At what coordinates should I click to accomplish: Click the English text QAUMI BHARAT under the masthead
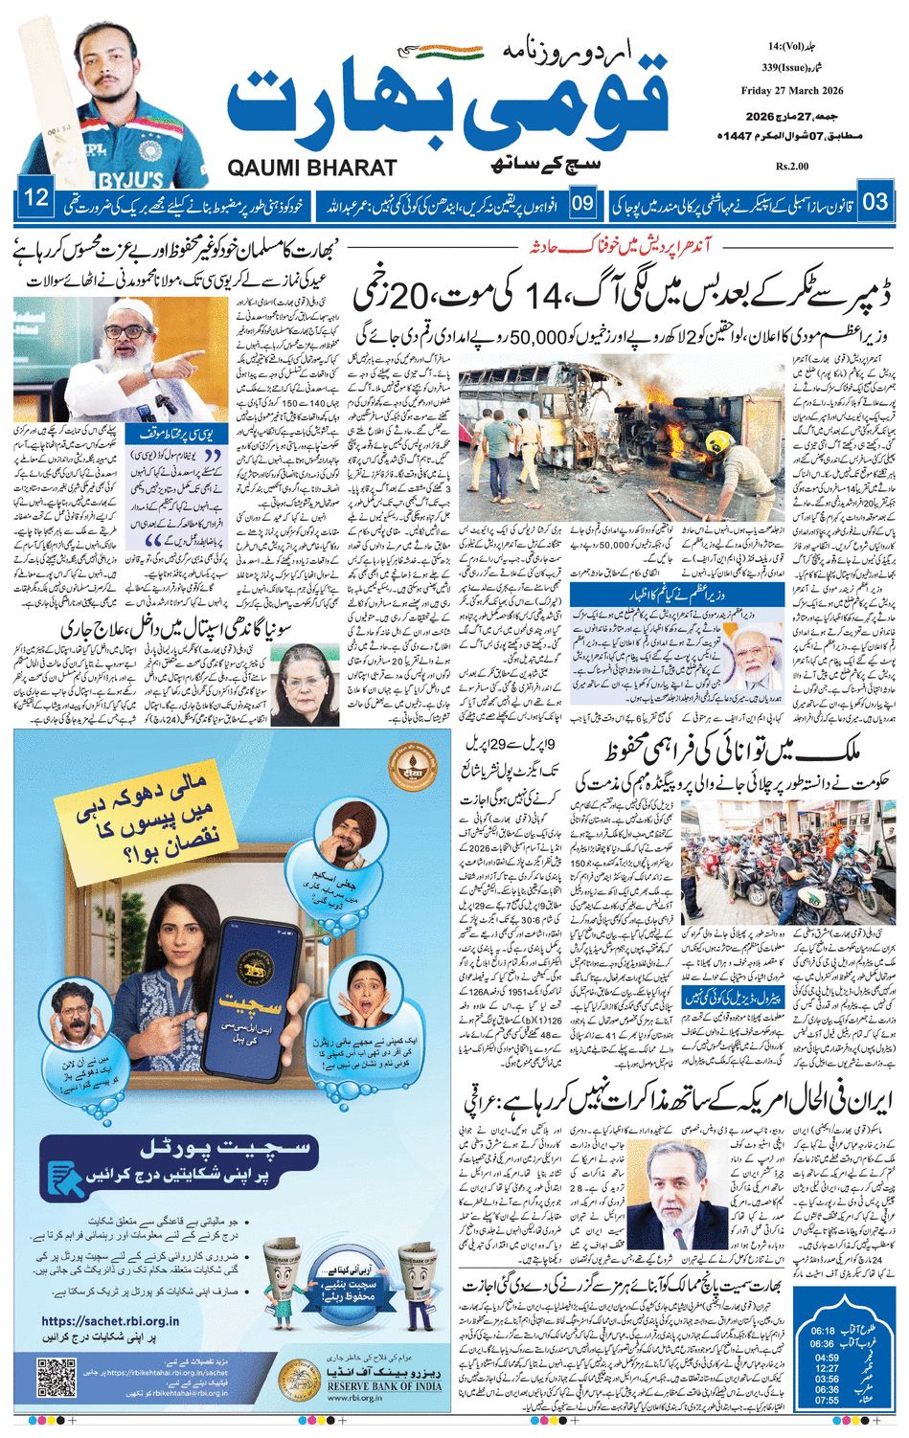pos(312,168)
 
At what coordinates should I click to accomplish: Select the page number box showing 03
pos(874,202)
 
